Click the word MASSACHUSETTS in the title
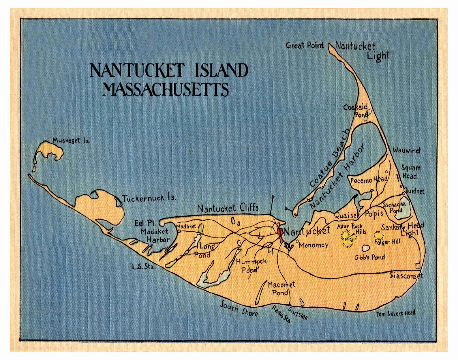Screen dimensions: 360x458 tap(166, 89)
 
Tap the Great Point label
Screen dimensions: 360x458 tap(305, 45)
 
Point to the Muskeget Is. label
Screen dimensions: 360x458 tap(71, 141)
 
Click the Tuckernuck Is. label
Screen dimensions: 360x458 tap(149, 198)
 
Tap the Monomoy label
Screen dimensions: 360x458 tap(313, 245)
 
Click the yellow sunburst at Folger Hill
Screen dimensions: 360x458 tap(378, 235)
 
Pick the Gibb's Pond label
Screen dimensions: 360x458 tap(369, 257)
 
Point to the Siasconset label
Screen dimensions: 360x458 tap(406, 276)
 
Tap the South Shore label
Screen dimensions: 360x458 tap(239, 309)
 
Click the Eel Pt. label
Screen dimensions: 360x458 tap(145, 223)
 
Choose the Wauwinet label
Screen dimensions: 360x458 tap(406, 151)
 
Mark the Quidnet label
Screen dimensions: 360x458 tap(414, 191)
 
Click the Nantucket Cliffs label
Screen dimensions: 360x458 tap(228, 208)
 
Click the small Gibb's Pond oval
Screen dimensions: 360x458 tap(366, 248)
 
